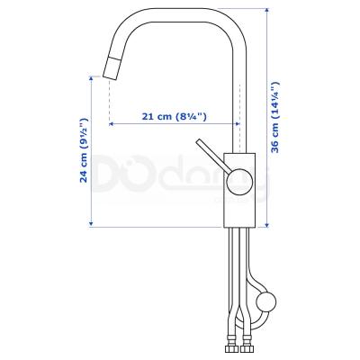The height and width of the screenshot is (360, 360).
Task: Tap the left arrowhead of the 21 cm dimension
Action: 112,123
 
